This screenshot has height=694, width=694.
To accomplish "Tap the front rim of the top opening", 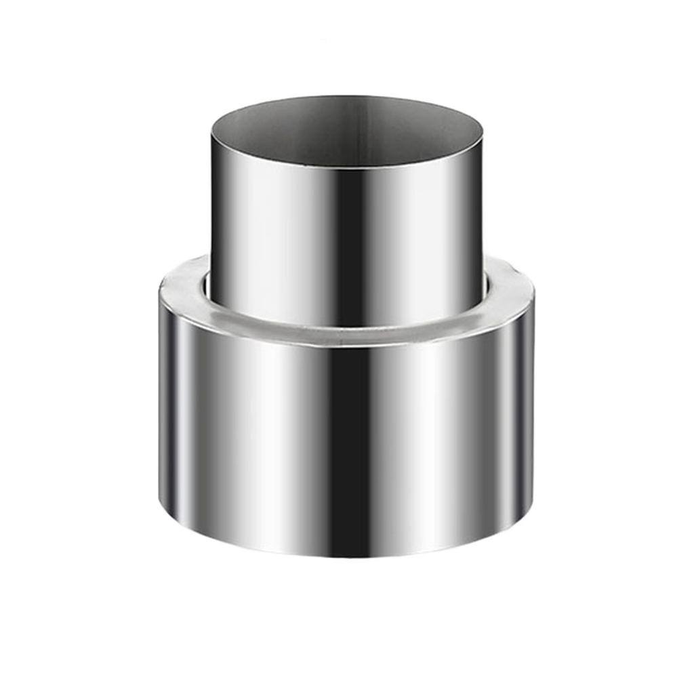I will [347, 167].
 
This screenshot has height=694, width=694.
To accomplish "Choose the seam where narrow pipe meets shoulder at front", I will [347, 325].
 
